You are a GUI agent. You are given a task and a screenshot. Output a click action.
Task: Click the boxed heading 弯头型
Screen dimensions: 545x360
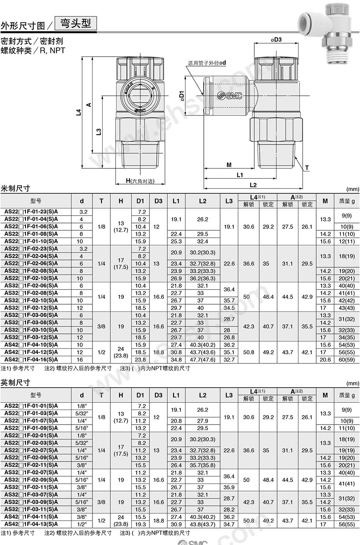pos(76,23)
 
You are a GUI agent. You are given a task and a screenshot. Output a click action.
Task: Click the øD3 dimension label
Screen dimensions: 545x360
pos(276,40)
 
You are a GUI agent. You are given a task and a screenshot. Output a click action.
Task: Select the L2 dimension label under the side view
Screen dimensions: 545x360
pos(253,185)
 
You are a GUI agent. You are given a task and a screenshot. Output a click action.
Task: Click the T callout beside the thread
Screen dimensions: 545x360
pos(307,168)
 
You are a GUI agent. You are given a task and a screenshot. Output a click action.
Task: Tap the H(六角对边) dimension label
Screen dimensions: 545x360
pos(139,181)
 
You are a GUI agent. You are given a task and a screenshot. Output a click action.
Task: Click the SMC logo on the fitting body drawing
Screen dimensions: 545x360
pos(230,95)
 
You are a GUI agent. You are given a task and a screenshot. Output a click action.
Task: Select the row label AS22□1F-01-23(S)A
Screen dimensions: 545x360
pos(31,212)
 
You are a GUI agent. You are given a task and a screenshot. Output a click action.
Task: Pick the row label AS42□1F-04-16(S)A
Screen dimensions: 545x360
pos(31,359)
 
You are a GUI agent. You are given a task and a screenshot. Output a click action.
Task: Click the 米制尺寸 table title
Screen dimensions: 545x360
pos(16,188)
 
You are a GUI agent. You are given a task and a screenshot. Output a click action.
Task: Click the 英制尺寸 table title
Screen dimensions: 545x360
pos(16,382)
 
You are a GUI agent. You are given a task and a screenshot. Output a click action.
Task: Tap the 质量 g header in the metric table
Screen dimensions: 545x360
pos(347,201)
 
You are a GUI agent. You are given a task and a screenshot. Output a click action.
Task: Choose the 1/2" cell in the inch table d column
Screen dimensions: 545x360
pos(82,524)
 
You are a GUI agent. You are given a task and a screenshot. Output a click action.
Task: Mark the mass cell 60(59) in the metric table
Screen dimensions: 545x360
pos(347,359)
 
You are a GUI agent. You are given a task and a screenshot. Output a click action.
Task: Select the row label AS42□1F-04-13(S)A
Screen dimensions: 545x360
pos(31,524)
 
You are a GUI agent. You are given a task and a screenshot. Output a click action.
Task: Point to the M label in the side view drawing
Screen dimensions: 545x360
pos(229,165)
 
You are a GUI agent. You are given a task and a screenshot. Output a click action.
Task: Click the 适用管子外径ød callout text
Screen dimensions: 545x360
pos(207,63)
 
